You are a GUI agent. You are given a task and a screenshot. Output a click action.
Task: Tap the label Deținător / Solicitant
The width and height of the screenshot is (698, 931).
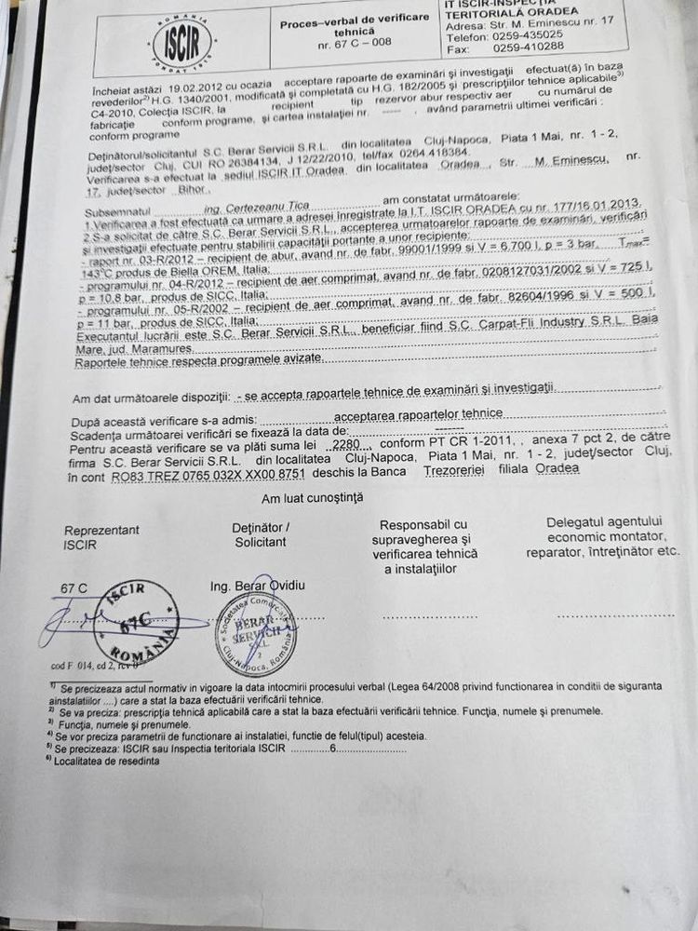pyautogui.click(x=261, y=534)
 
